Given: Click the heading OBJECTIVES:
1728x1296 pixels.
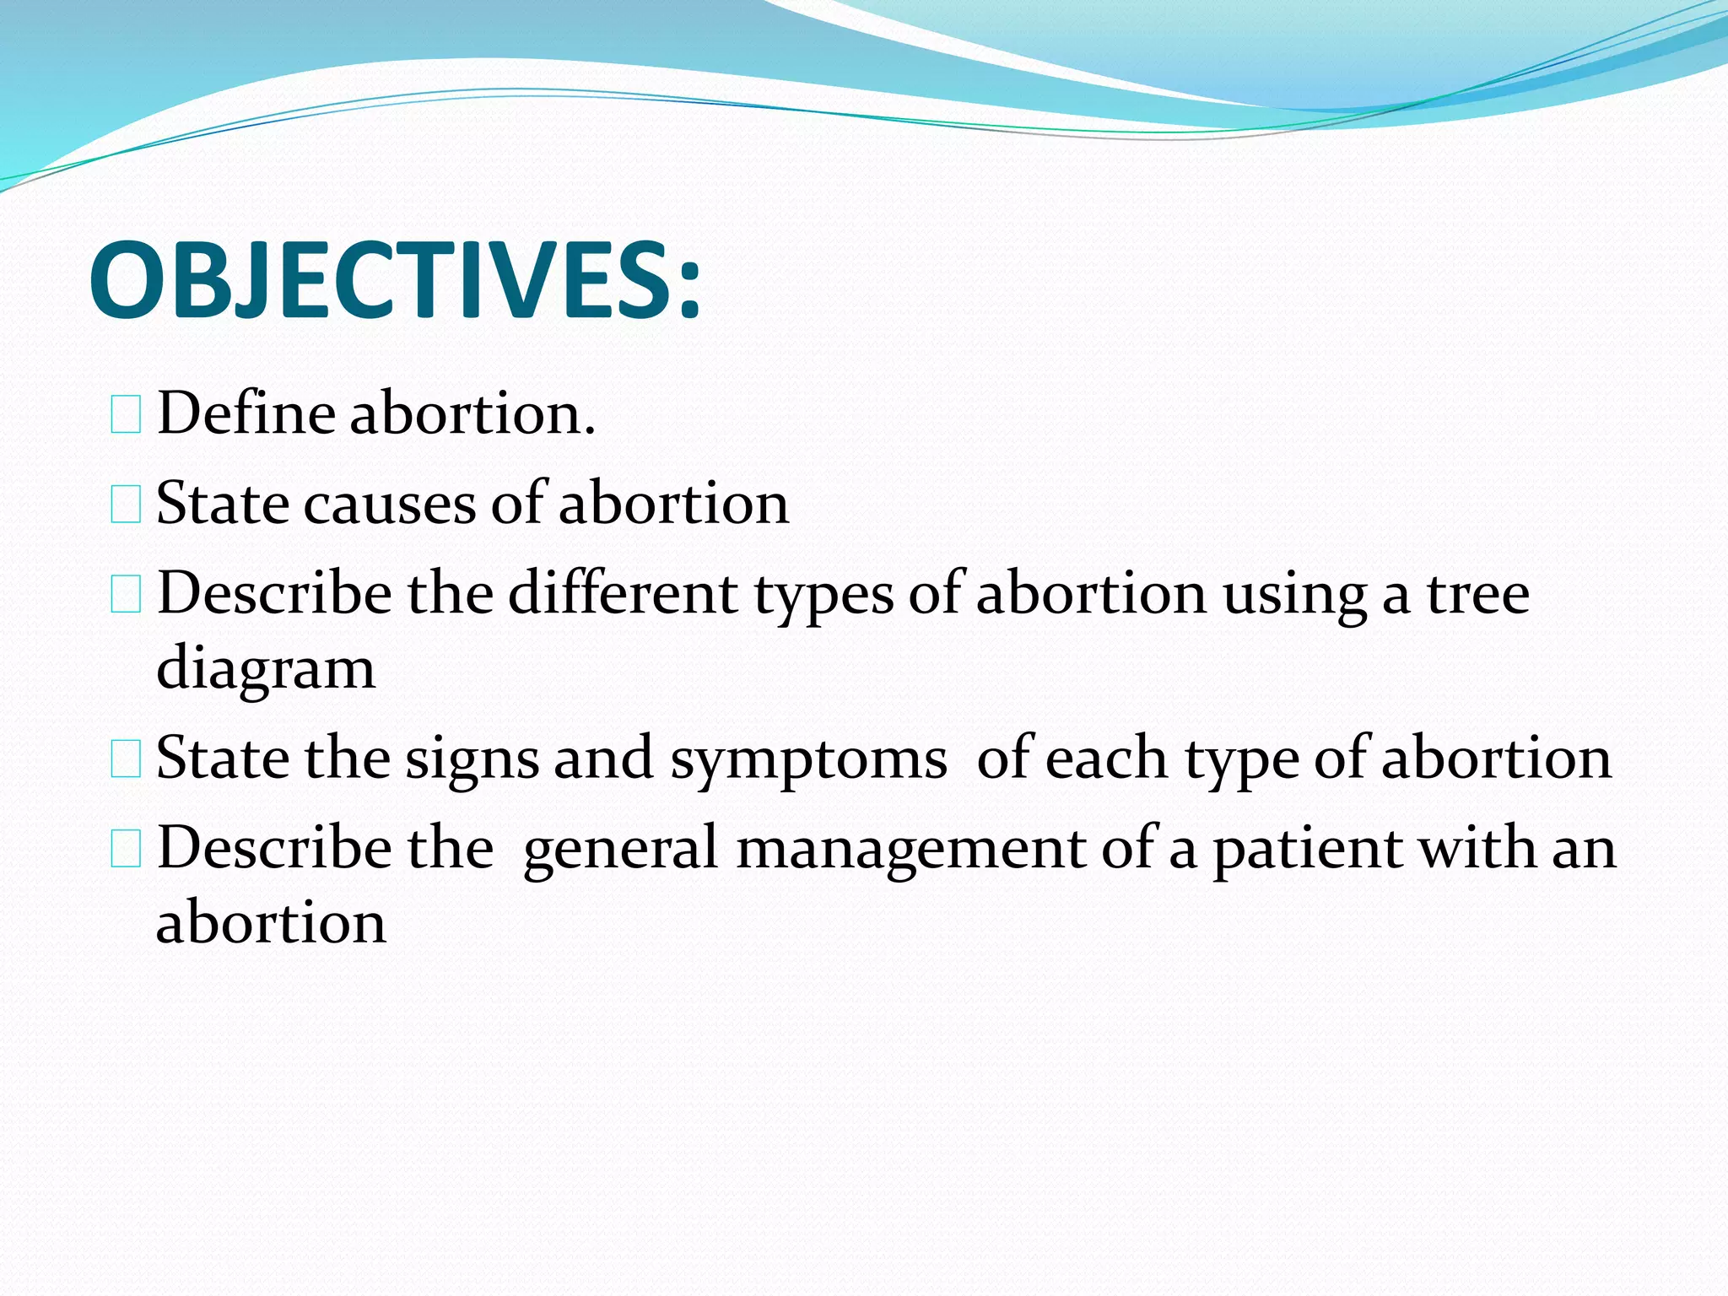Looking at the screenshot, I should click(395, 282).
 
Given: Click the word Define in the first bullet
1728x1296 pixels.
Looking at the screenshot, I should click(246, 413).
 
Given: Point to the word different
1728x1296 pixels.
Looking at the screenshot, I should click(623, 593).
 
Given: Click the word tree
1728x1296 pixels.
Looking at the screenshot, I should click(1477, 593).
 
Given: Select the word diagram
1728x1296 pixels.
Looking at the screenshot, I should click(266, 668).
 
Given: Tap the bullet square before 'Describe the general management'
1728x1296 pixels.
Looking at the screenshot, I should click(126, 850).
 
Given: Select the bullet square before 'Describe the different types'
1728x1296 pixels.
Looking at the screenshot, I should click(126, 596).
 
